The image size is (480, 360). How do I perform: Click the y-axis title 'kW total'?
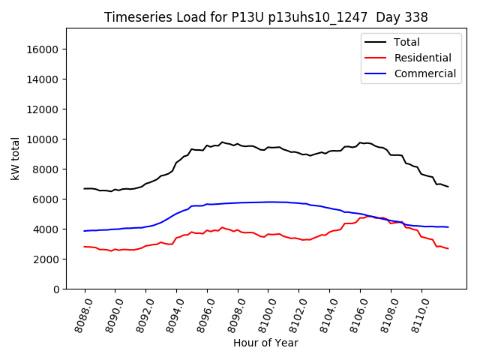click(16, 158)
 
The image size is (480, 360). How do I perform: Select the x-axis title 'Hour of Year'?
click(265, 343)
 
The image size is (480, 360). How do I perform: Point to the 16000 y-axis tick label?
click(43, 49)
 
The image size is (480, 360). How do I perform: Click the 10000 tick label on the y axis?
click(43, 139)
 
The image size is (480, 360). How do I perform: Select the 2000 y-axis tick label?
click(46, 259)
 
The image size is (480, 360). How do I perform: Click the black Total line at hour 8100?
click(268, 147)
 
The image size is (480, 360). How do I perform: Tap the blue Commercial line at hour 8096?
click(207, 204)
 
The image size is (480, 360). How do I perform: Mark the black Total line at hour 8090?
click(115, 190)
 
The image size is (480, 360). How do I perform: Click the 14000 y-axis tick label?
click(43, 79)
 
